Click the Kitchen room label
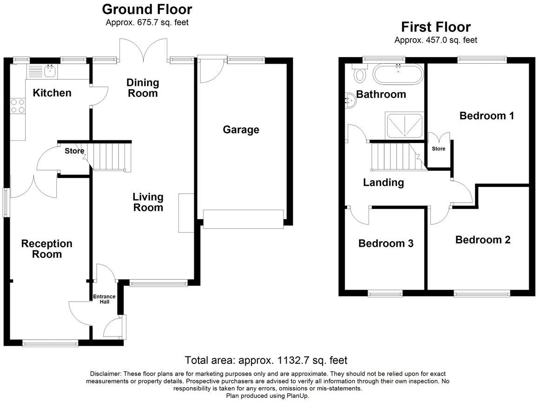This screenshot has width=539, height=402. [52, 93]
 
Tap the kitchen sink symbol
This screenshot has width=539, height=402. [49, 72]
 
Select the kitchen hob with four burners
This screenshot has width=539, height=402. [17, 105]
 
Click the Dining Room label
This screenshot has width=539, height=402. [143, 88]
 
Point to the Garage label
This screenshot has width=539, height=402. [241, 130]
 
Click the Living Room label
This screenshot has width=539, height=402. [148, 202]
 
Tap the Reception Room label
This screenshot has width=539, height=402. [47, 249]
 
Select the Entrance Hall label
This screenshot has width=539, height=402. [104, 299]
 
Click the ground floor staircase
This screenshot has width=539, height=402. [110, 157]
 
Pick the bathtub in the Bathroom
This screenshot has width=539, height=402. [398, 73]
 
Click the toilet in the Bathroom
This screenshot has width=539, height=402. [359, 73]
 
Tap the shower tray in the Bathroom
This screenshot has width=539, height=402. [404, 125]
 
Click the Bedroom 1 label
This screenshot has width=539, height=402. [486, 116]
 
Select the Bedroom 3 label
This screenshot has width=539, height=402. [386, 244]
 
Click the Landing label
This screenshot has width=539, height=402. [383, 183]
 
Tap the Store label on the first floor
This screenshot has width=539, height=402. [438, 149]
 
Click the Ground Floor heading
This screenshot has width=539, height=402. [147, 9]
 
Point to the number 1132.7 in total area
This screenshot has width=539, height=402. [293, 360]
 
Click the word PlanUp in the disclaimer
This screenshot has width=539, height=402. [298, 395]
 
